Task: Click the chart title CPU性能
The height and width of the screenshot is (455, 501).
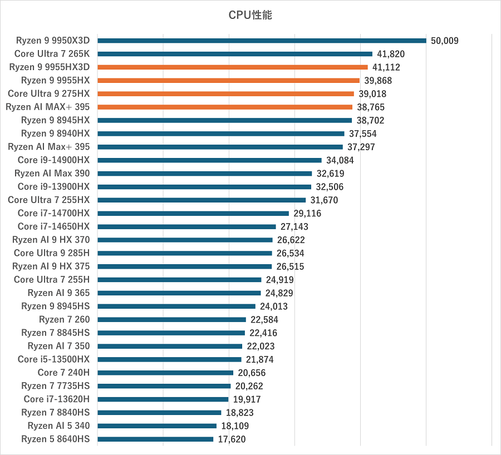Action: pyautogui.click(x=250, y=15)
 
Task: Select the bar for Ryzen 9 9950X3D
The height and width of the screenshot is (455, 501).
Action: pyautogui.click(x=262, y=41)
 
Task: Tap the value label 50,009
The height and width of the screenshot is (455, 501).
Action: pyautogui.click(x=445, y=41)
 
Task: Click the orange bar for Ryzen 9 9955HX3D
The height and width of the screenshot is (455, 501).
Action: pyautogui.click(x=233, y=67)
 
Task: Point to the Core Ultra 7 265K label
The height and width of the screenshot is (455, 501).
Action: pyautogui.click(x=56, y=54)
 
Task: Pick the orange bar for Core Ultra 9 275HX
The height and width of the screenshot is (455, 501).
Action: pyautogui.click(x=225, y=94)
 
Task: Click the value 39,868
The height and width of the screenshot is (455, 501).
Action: pyautogui.click(x=379, y=81)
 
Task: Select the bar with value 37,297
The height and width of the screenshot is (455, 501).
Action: pyautogui.click(x=220, y=147)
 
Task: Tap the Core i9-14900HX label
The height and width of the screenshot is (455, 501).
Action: pyautogui.click(x=53, y=160)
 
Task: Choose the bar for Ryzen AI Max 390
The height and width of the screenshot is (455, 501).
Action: pyautogui.click(x=205, y=174)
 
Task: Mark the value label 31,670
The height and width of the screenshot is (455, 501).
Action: pyautogui.click(x=324, y=200)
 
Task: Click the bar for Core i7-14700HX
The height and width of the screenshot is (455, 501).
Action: pyautogui.click(x=193, y=214)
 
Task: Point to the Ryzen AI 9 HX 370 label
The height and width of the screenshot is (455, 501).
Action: pyautogui.click(x=51, y=240)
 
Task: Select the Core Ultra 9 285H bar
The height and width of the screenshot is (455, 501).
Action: pyautogui.click(x=185, y=253)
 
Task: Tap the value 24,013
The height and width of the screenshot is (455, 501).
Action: pyautogui.click(x=274, y=306)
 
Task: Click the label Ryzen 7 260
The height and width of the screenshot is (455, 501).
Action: pyautogui.click(x=64, y=319)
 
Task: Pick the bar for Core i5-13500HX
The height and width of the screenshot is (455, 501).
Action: pyautogui.click(x=169, y=359)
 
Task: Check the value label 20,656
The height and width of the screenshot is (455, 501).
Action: pyautogui.click(x=252, y=373)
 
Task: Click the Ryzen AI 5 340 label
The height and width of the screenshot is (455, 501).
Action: pyautogui.click(x=58, y=426)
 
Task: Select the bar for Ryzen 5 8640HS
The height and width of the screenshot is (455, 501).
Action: pyautogui.click(x=155, y=439)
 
